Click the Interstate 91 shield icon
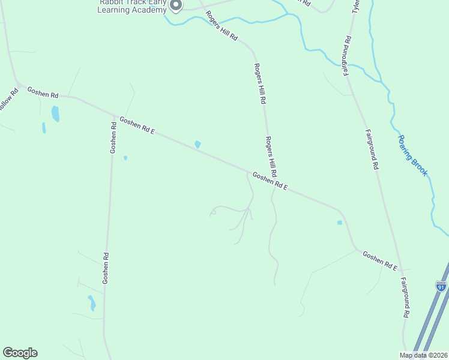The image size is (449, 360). [441, 286]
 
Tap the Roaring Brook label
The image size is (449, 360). [412, 155]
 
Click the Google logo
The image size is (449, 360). [20, 353]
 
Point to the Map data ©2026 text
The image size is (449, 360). [423, 355]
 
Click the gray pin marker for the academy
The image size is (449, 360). [176, 5]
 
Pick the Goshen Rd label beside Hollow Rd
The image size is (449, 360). [42, 94]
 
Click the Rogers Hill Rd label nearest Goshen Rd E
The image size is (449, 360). [271, 155]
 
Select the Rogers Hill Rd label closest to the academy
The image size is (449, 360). [221, 27]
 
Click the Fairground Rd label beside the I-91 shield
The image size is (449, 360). [405, 298]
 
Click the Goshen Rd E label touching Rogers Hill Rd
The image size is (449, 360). [270, 182]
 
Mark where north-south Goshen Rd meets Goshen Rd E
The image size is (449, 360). [114, 115]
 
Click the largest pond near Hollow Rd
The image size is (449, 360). [55, 113]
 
